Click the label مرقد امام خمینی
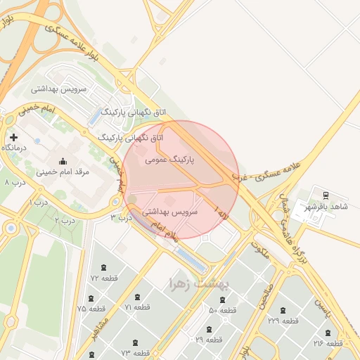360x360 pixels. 63,171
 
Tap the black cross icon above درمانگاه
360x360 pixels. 13,136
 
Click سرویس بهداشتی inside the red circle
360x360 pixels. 170,211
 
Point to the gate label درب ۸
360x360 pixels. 15,182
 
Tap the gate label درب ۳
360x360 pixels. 121,218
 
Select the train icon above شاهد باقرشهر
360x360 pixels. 325,195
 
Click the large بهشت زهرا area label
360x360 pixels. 200,283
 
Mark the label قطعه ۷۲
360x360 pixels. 104,278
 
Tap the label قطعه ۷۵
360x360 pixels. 91,309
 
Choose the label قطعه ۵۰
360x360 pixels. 222,310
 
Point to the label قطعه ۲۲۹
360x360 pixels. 283,321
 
